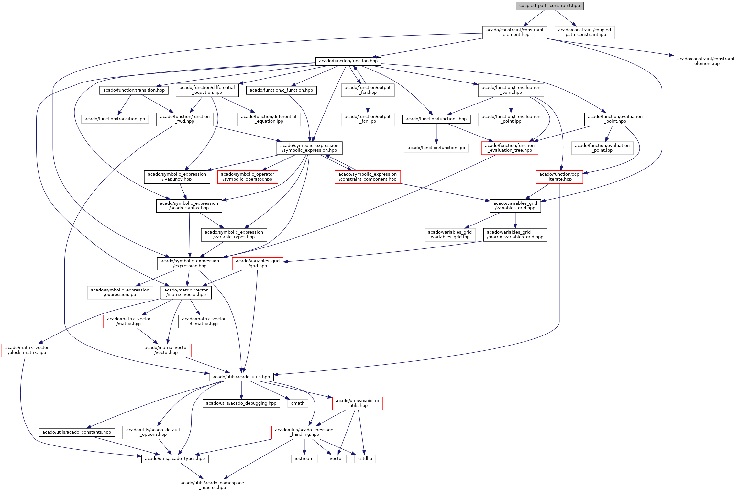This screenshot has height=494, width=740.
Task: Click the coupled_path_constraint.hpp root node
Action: [549, 6]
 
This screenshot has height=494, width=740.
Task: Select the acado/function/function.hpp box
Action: [348, 61]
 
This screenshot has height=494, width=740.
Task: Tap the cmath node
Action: [298, 403]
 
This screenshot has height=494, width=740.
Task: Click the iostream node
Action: [304, 459]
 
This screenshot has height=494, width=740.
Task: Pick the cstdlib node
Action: [365, 459]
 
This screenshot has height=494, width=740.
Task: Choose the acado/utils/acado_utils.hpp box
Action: [241, 377]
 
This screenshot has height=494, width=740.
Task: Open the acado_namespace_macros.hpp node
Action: [212, 485]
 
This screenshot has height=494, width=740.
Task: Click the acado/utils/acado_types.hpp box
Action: [175, 459]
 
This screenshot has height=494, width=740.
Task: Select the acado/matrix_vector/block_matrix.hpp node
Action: [27, 350]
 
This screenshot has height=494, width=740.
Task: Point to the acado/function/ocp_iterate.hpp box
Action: [559, 177]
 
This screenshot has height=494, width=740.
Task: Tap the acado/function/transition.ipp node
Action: [115, 119]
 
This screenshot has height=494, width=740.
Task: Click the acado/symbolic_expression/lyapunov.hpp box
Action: [177, 177]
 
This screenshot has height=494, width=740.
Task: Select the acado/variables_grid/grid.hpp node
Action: [258, 264]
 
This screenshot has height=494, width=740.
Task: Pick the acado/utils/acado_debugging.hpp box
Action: [241, 403]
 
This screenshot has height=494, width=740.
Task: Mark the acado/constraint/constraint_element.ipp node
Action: [706, 61]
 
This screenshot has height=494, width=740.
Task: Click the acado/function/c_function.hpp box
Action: [281, 90]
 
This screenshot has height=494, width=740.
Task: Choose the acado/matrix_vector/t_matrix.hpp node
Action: [204, 322]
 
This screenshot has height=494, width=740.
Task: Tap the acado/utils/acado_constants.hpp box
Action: [77, 432]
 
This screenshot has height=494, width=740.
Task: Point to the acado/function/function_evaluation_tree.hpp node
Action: [510, 148]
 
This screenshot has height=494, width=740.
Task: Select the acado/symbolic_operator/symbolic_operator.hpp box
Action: [248, 177]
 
